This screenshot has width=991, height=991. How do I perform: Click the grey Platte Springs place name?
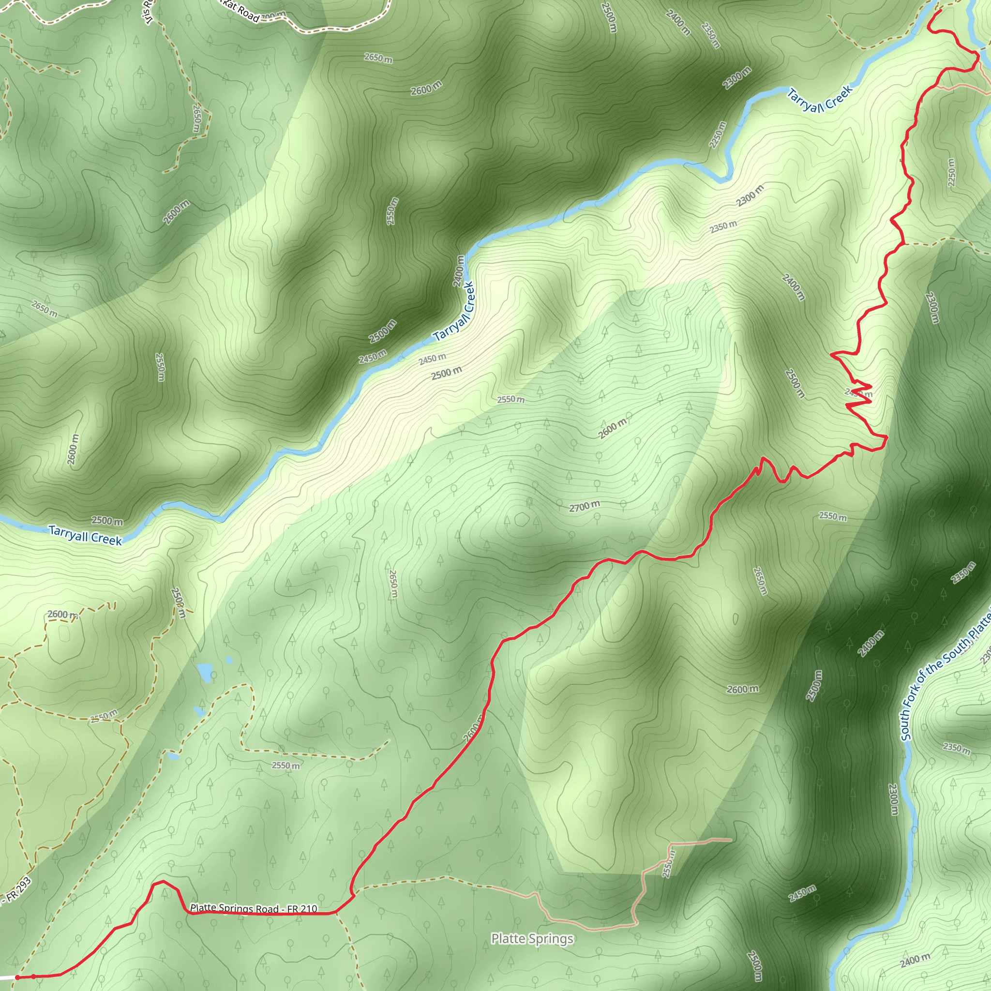pyautogui.click(x=532, y=939)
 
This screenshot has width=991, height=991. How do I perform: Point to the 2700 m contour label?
pyautogui.click(x=584, y=507)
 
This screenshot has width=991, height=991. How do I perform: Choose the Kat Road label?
pyautogui.click(x=241, y=11)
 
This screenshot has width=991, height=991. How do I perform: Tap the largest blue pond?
pyautogui.click(x=205, y=673)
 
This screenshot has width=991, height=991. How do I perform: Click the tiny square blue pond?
pyautogui.click(x=229, y=660)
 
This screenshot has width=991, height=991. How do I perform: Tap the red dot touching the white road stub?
pyautogui.click(x=17, y=977)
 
